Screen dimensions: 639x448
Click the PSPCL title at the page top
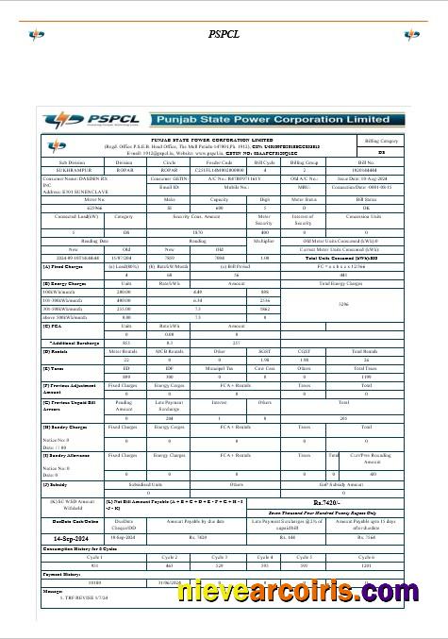click(x=224, y=34)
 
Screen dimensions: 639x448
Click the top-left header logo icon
click(x=37, y=35)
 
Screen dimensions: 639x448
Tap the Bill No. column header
click(x=380, y=162)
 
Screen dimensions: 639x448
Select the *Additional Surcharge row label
click(x=69, y=343)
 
